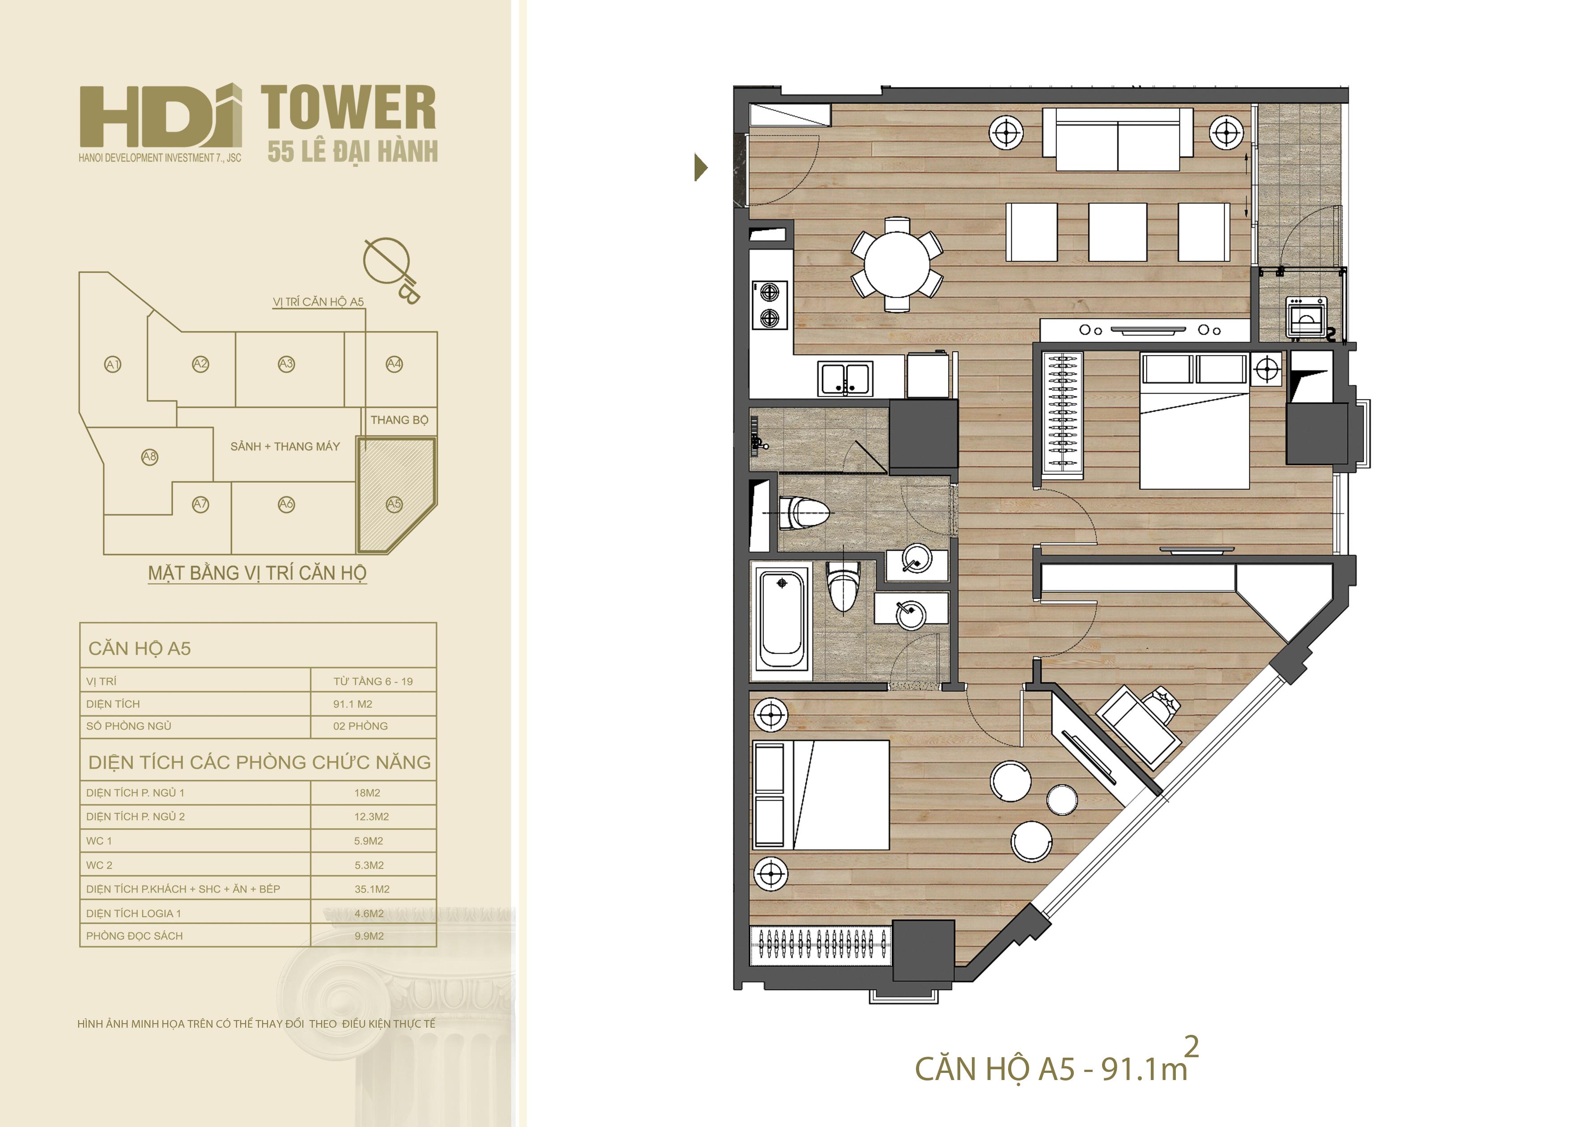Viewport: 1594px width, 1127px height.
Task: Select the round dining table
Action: (897, 264)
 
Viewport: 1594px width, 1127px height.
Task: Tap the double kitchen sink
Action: (845, 379)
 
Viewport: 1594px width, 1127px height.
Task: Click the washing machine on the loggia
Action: (1306, 317)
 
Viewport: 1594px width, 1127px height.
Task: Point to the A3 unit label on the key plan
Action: (286, 363)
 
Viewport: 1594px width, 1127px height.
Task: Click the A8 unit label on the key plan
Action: (149, 456)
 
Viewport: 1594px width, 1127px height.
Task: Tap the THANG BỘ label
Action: (399, 420)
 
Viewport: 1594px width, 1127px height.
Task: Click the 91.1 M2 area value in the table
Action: (353, 704)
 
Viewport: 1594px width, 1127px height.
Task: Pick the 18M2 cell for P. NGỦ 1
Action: (367, 793)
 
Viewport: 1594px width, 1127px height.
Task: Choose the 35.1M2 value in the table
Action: (372, 889)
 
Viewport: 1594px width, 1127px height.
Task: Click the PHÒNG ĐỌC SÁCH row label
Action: (135, 936)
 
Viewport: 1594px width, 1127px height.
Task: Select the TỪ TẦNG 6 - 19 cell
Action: (373, 681)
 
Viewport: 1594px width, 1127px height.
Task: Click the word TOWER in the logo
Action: (348, 108)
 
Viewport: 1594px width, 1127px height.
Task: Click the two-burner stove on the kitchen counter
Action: (770, 304)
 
